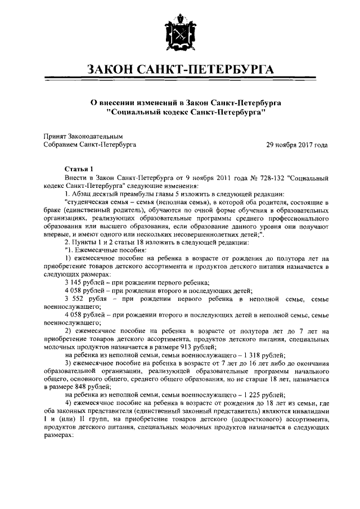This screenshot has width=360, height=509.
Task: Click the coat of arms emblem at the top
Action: (180, 35)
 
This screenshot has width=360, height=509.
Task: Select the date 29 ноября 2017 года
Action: (296, 145)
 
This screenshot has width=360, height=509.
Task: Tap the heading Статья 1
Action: (81, 169)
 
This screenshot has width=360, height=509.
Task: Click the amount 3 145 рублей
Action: (85, 282)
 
